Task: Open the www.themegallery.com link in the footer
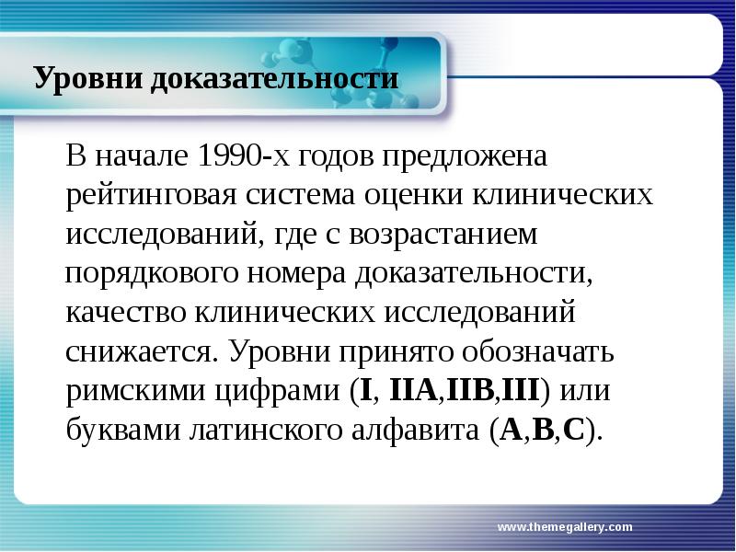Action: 565,527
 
